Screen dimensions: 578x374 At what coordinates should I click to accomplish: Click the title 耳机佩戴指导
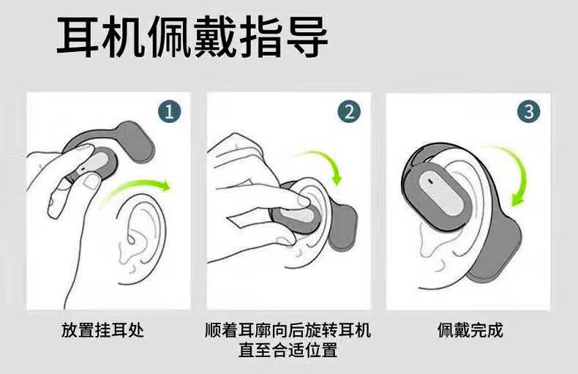pyautogui.click(x=192, y=37)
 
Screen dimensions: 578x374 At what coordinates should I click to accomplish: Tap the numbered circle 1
pyautogui.click(x=170, y=112)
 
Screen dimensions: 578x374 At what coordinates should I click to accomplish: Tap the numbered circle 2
pyautogui.click(x=349, y=112)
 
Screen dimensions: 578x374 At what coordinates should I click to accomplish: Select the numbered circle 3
pyautogui.click(x=528, y=112)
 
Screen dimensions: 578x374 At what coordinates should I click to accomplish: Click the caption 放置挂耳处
pyautogui.click(x=102, y=330)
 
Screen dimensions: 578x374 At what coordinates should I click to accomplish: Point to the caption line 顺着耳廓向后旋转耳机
pyautogui.click(x=288, y=330)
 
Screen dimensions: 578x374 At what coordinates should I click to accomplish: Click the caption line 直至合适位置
pyautogui.click(x=288, y=350)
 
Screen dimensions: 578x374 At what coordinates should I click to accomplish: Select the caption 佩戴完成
pyautogui.click(x=470, y=330)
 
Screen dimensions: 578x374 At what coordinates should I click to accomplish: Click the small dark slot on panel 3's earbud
pyautogui.click(x=429, y=181)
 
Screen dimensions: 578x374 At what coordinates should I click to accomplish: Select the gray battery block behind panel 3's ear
pyautogui.click(x=496, y=251)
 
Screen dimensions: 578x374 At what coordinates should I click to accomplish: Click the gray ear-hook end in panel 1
pyautogui.click(x=136, y=142)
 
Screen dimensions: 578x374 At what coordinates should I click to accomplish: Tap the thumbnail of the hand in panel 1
pyautogui.click(x=91, y=181)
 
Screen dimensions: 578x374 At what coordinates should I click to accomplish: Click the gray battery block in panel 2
pyautogui.click(x=344, y=227)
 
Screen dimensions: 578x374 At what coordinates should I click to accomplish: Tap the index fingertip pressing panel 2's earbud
pyautogui.click(x=303, y=201)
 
